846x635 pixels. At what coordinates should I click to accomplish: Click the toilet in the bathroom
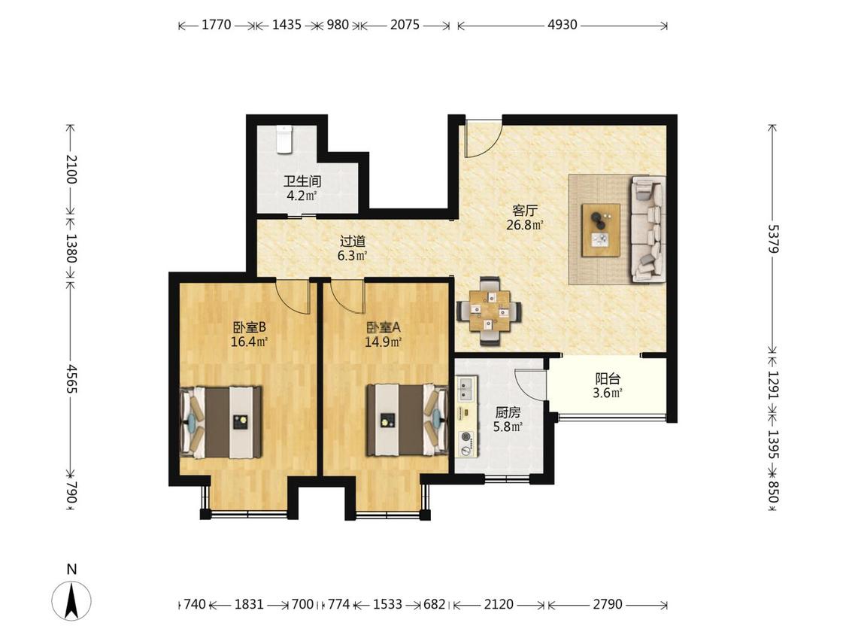[x=284, y=140]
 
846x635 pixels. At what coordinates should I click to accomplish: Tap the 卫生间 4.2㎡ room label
[x=302, y=188]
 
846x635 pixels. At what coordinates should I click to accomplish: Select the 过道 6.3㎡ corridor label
[x=353, y=248]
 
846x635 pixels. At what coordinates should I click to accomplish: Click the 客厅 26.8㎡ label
[x=524, y=217]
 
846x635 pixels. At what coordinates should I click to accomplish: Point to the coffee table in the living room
[x=601, y=230]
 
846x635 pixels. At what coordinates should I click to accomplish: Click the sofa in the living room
[x=648, y=229]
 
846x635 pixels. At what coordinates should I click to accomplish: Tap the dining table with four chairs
[x=490, y=311]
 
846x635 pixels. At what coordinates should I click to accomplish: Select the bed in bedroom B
[x=220, y=422]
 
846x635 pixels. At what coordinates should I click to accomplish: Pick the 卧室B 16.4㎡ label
[x=249, y=334]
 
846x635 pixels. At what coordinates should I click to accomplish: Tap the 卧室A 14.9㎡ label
[x=383, y=334]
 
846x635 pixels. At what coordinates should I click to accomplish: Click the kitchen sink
[x=465, y=389]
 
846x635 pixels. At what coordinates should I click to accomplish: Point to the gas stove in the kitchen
[x=466, y=443]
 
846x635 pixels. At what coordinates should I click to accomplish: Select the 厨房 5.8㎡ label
[x=508, y=420]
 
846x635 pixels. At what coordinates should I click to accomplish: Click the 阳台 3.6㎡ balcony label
[x=608, y=385]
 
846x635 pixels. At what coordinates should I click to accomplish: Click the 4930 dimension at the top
[x=562, y=24]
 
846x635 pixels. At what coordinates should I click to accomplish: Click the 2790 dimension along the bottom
[x=608, y=603]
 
